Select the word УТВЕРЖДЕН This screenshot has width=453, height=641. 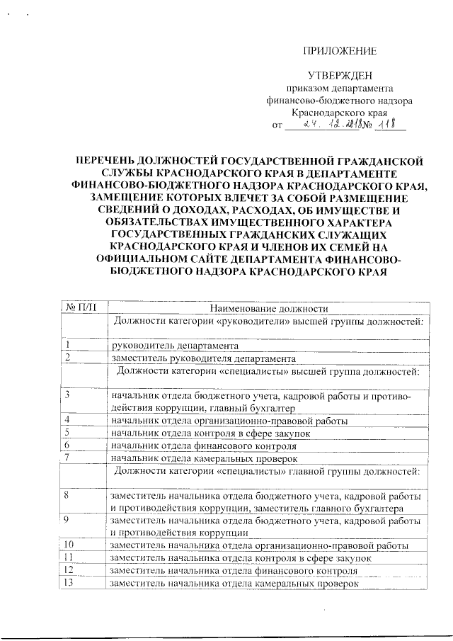point(338,76)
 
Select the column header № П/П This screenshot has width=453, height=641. point(81,308)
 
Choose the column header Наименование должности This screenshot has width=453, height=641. point(268,308)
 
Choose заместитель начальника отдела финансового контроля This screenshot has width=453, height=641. point(230,570)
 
